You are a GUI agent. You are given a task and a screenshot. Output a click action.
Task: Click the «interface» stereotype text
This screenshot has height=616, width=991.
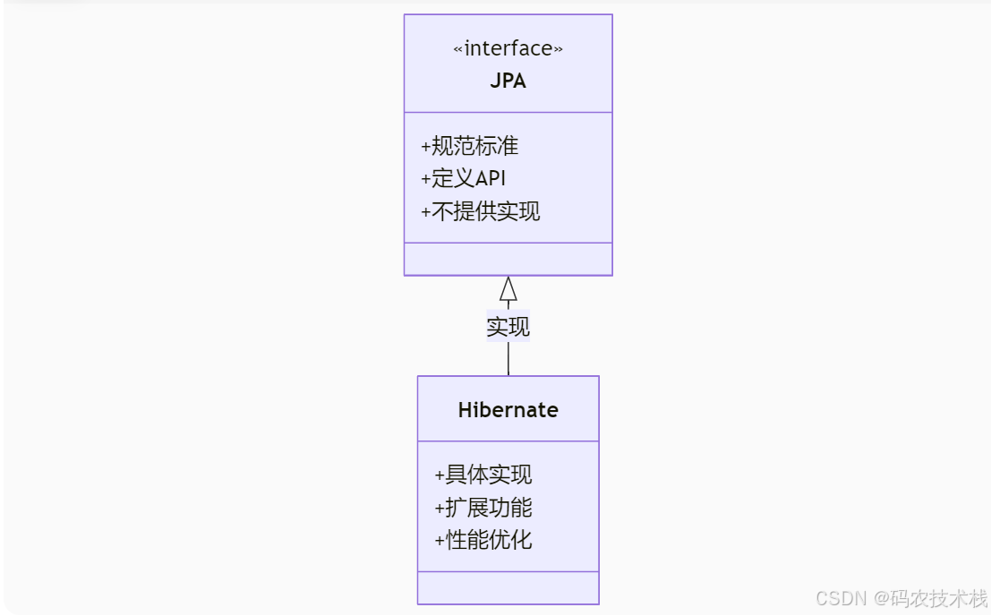click(x=508, y=49)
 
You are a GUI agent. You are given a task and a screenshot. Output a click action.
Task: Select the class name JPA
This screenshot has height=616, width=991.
click(x=508, y=81)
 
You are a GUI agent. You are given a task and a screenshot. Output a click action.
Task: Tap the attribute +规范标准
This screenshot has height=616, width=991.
click(x=469, y=146)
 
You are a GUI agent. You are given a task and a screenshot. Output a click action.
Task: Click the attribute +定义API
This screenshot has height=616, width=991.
click(x=463, y=178)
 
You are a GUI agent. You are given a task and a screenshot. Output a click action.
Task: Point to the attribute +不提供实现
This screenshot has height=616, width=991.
click(x=480, y=211)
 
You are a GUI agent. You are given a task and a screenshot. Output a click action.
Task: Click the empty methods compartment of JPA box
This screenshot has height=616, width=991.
click(x=508, y=259)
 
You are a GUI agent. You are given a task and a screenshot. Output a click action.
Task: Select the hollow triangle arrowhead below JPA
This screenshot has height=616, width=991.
click(x=508, y=289)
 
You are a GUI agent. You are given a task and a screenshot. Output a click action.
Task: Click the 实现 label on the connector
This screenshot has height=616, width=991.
click(x=508, y=327)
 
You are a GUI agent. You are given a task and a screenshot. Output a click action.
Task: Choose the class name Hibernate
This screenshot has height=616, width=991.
click(x=508, y=410)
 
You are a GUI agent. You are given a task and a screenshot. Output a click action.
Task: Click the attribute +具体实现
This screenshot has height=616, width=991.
click(x=483, y=475)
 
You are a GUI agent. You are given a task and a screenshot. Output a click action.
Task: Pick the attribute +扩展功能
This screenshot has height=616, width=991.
click(x=483, y=508)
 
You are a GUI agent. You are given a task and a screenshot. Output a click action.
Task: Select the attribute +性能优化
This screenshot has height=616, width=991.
click(x=483, y=540)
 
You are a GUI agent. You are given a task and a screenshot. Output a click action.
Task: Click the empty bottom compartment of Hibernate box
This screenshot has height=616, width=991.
click(x=508, y=587)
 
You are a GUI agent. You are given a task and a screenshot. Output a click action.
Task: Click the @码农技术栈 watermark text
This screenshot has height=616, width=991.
click(x=931, y=598)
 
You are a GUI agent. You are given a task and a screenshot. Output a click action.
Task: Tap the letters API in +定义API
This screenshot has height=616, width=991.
click(x=491, y=178)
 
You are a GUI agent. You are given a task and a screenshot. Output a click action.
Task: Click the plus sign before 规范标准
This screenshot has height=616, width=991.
click(x=425, y=146)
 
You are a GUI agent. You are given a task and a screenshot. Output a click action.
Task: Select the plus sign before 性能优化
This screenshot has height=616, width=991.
click(x=440, y=540)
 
